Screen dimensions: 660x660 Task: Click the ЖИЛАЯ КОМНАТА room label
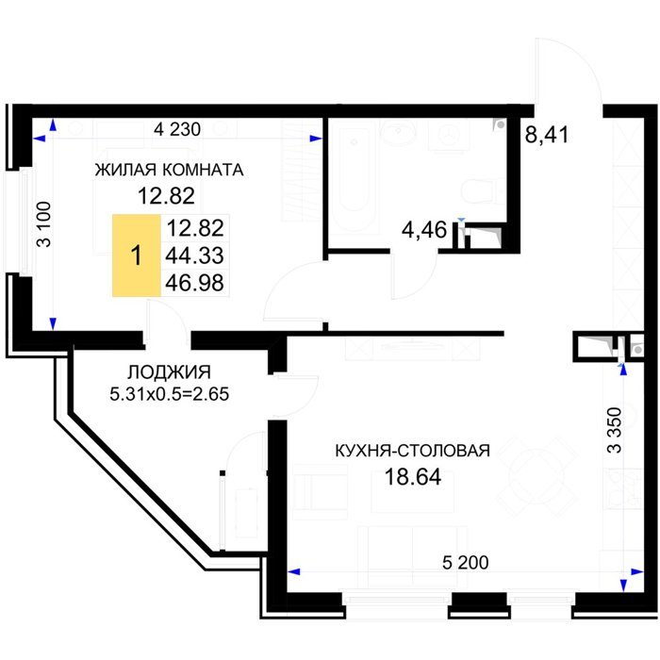tap(169, 170)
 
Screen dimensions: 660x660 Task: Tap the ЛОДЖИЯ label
tap(169, 372)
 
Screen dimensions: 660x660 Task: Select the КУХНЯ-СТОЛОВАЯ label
tap(413, 451)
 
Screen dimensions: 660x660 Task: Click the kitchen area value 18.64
tap(413, 477)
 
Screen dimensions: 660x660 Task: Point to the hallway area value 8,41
tap(547, 135)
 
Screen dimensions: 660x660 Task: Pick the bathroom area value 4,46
tap(424, 230)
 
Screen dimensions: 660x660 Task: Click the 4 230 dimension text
tap(177, 129)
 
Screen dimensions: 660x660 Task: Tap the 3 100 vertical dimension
tap(43, 224)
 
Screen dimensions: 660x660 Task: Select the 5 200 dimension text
tap(466, 562)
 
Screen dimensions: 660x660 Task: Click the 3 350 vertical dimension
tap(615, 430)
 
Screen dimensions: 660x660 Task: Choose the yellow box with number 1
tap(137, 256)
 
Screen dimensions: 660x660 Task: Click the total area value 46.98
tap(194, 283)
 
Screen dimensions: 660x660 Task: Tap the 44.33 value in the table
tap(194, 256)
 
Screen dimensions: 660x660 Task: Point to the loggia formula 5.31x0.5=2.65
tap(169, 394)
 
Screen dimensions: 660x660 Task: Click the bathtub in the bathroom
tap(354, 176)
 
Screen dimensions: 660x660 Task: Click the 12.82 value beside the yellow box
tap(195, 228)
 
